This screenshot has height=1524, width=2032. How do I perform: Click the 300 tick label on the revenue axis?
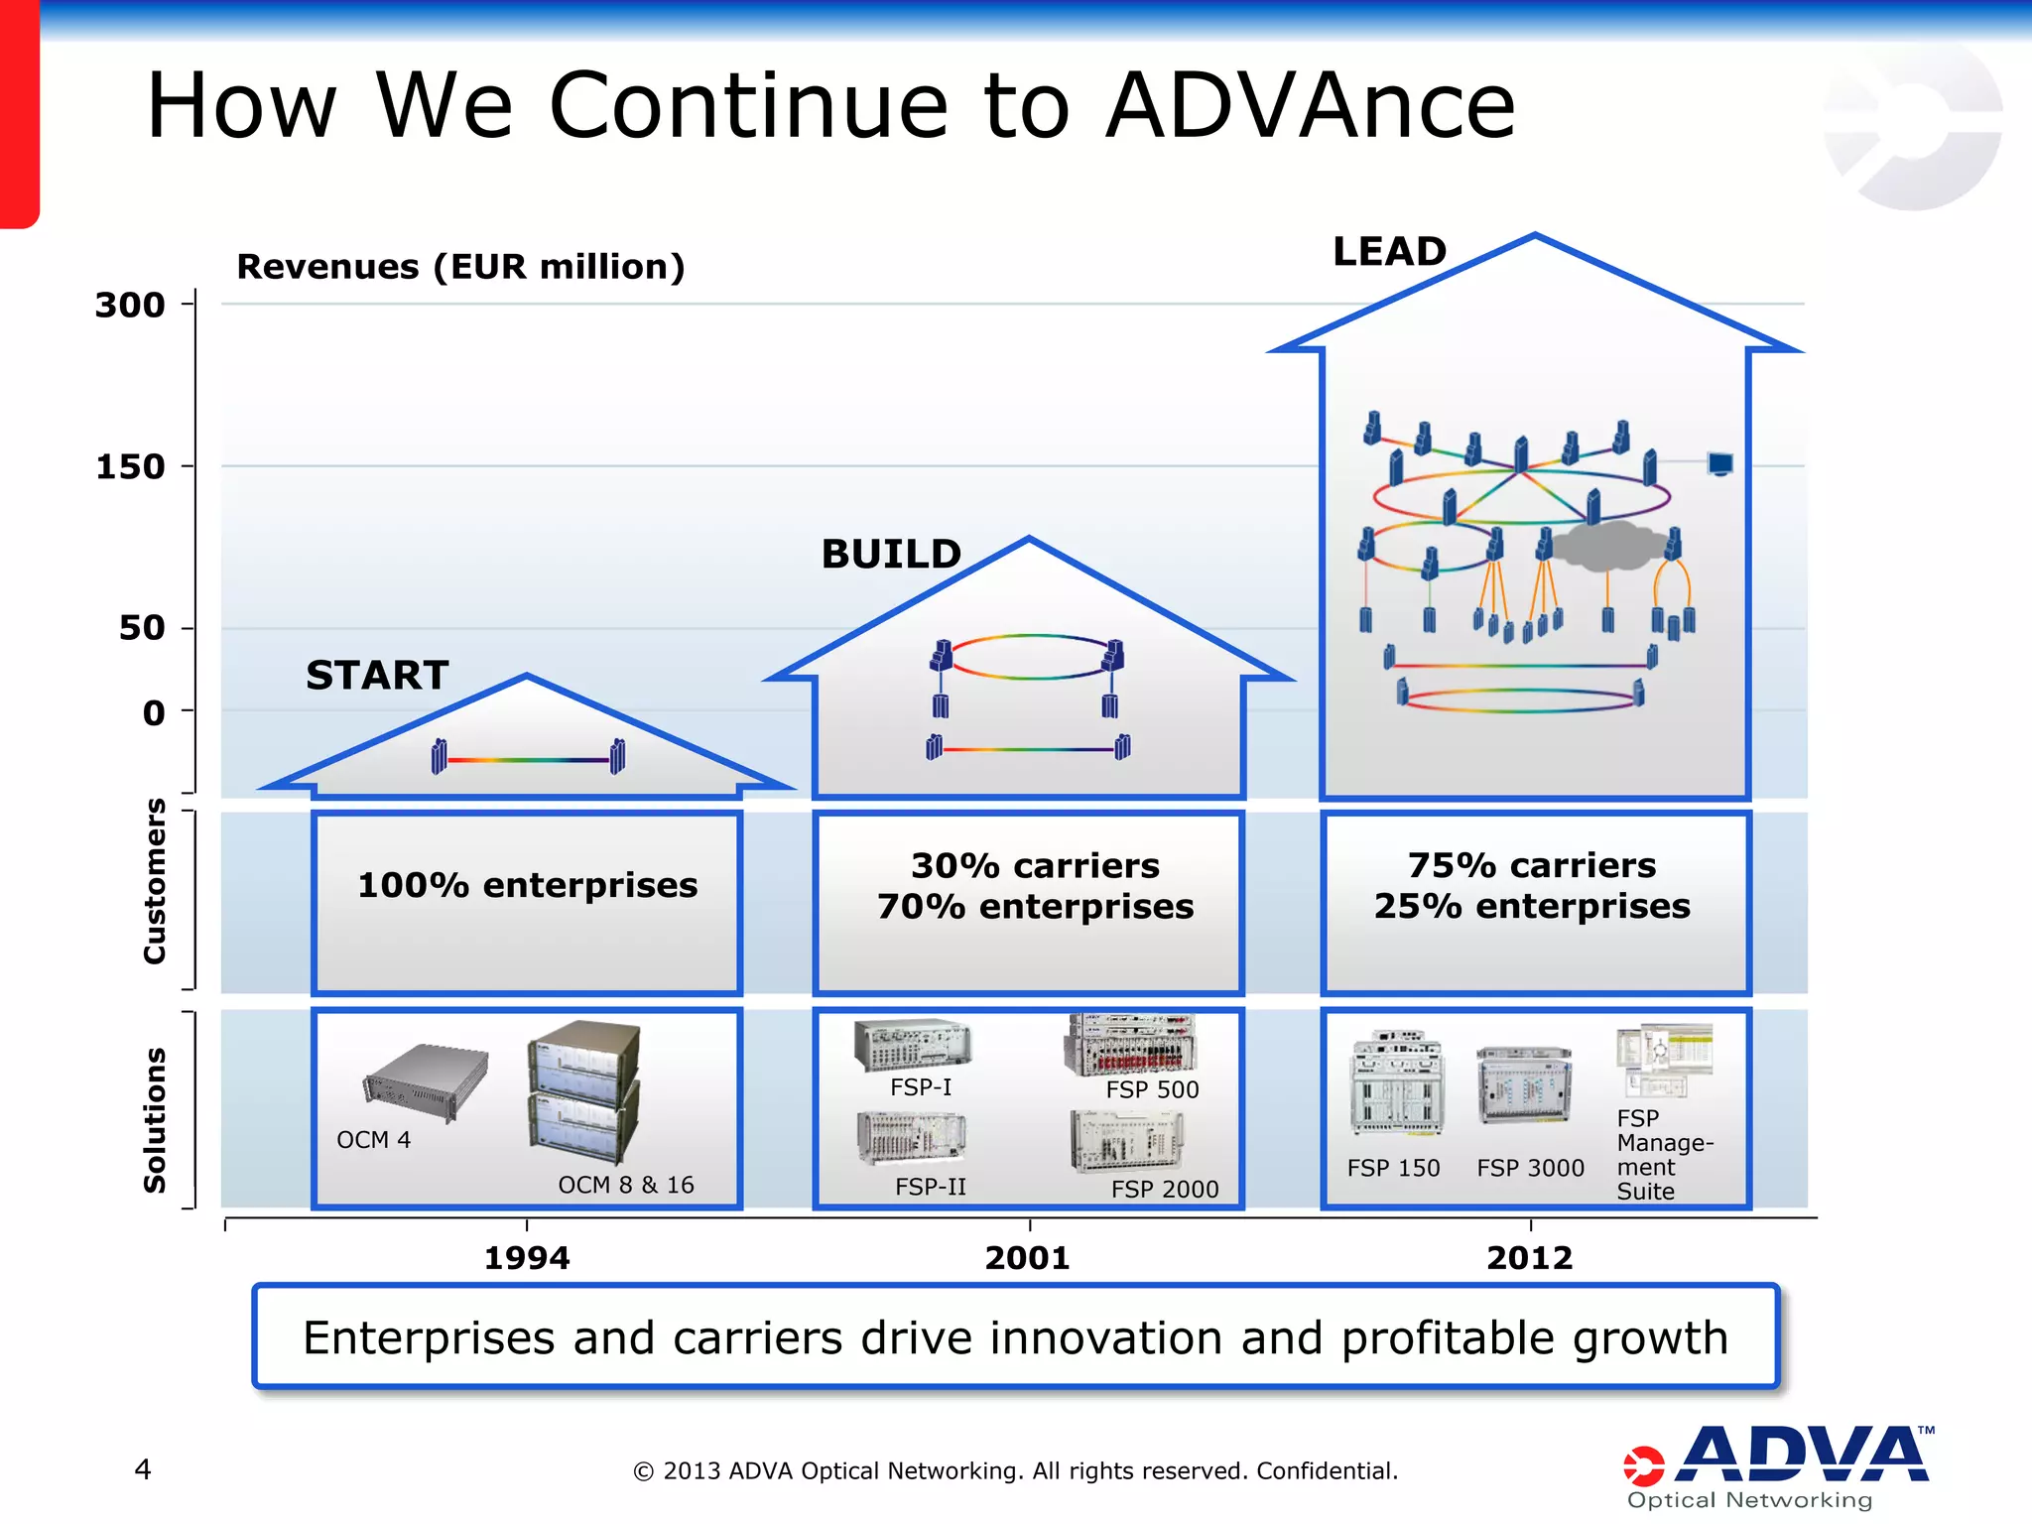click(130, 305)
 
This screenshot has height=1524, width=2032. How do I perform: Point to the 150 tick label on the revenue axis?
click(130, 466)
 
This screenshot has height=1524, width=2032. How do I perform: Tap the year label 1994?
click(527, 1258)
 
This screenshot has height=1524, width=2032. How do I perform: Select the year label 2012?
click(1529, 1258)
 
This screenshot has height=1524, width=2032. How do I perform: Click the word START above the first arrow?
click(377, 676)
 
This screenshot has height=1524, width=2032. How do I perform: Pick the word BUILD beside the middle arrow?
click(891, 554)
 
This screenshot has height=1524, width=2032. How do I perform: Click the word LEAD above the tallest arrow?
click(1389, 251)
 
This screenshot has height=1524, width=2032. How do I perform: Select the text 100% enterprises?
click(527, 885)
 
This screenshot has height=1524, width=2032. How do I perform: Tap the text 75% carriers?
click(1532, 865)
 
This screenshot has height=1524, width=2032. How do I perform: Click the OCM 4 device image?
click(427, 1083)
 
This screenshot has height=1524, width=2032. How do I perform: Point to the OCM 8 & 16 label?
click(625, 1185)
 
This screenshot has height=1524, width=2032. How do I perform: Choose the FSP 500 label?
click(1152, 1089)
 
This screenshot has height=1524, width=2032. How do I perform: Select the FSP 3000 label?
click(1530, 1168)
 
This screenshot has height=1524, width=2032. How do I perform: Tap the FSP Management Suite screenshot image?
click(1664, 1060)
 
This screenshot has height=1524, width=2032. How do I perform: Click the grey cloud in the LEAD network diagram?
click(1606, 546)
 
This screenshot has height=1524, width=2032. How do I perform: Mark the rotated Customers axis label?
click(154, 881)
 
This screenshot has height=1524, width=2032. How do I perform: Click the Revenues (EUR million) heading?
click(460, 267)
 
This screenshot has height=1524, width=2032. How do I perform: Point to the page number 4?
click(143, 1468)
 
